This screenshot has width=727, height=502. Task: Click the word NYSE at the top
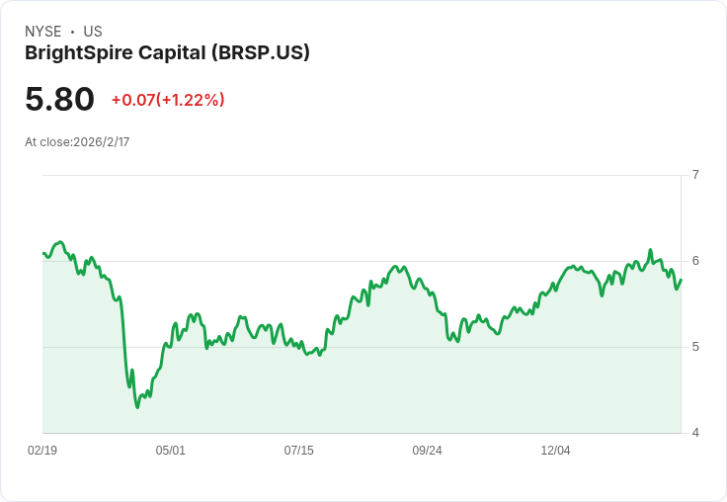[x=42, y=32]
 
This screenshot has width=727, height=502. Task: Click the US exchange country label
[x=93, y=32]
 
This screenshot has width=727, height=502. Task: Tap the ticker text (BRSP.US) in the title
[x=261, y=53]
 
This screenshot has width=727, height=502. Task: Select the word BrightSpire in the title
[x=76, y=53]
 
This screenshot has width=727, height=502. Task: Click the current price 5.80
[x=59, y=99]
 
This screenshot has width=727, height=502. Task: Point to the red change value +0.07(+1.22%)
[x=168, y=100]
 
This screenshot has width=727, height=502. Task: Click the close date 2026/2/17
[x=102, y=142]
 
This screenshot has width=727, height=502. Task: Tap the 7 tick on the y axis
[x=695, y=175]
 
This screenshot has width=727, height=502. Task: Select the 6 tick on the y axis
[x=695, y=261]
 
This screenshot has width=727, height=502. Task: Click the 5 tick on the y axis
[x=695, y=347]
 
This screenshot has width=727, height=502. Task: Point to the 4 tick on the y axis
[x=695, y=433]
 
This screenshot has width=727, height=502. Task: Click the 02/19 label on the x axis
[x=42, y=451]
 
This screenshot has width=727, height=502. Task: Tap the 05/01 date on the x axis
[x=171, y=451]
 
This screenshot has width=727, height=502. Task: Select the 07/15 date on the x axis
[x=299, y=451]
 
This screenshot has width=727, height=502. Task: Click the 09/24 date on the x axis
[x=427, y=451]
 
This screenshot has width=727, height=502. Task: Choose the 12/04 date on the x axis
[x=555, y=451]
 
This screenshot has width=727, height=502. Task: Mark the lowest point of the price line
[x=137, y=407]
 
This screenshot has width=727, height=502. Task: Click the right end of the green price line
[x=681, y=280]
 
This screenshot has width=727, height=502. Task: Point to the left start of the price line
[x=43, y=254]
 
